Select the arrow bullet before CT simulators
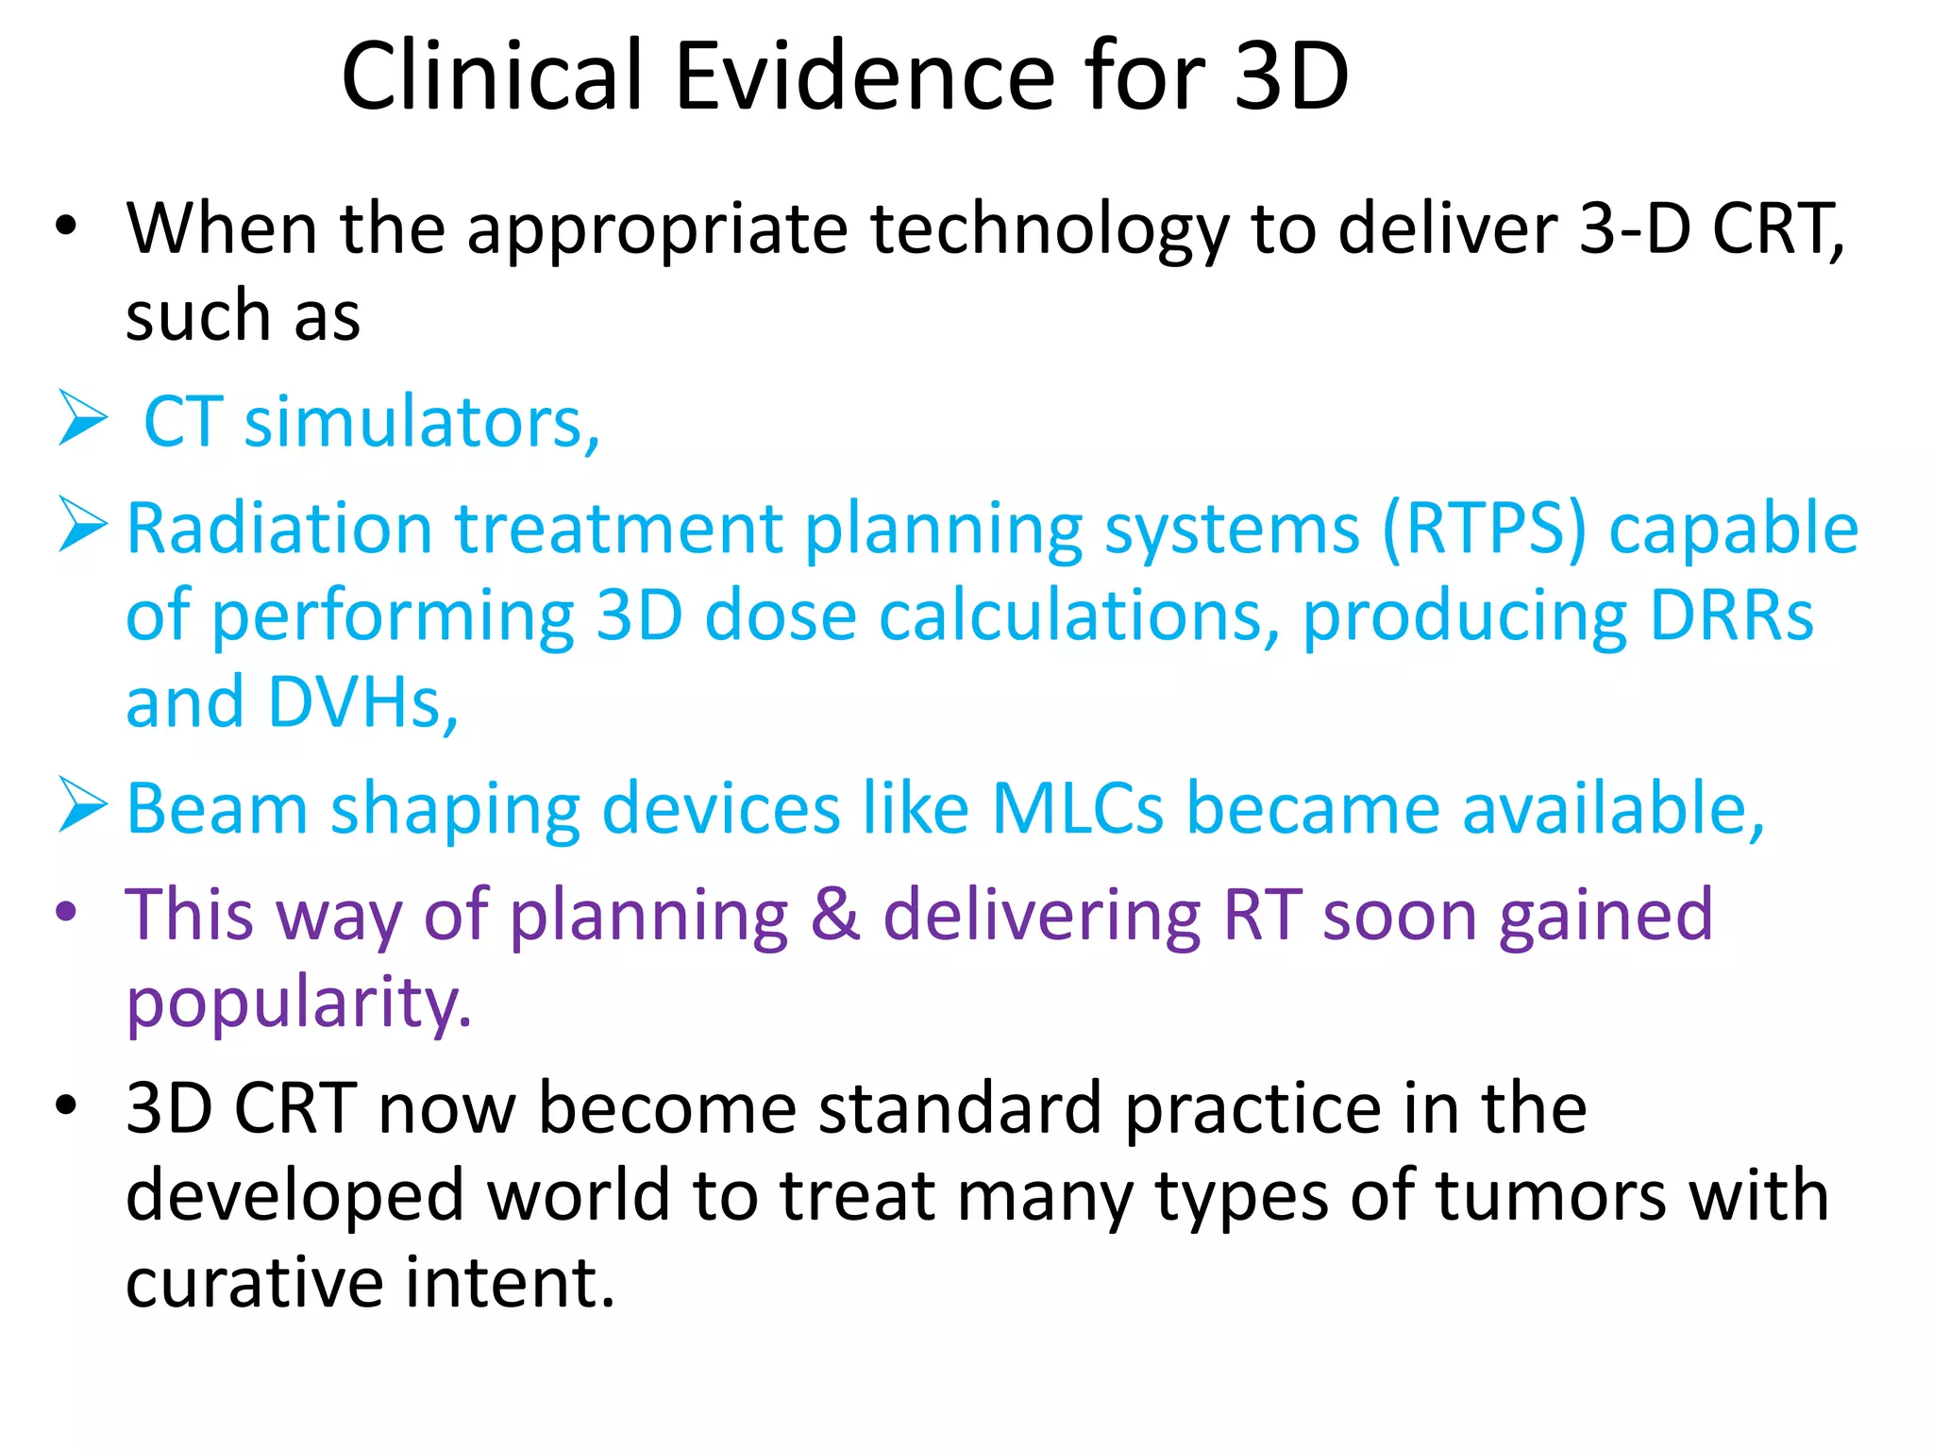(x=83, y=418)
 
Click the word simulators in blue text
(x=422, y=422)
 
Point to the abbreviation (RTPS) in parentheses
(x=1485, y=529)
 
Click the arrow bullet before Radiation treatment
(x=83, y=524)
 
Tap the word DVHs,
(x=363, y=703)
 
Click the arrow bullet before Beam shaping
(x=83, y=805)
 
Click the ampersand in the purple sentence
(x=835, y=915)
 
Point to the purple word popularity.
(x=298, y=1003)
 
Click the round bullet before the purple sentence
(x=65, y=912)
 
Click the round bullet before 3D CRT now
(x=65, y=1104)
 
